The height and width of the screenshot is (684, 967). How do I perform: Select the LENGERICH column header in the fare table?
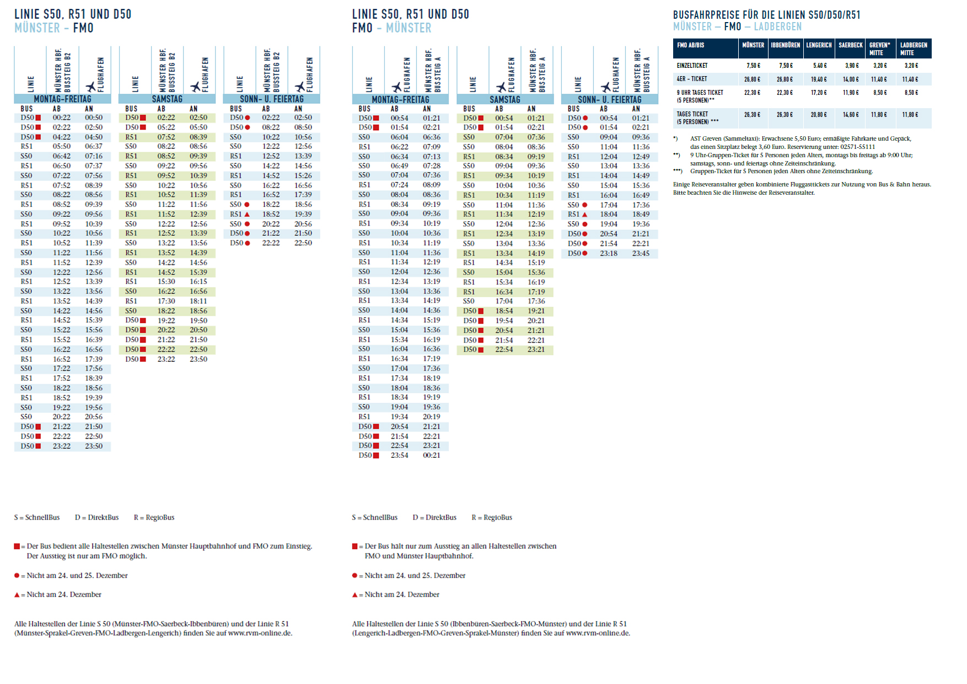click(x=819, y=45)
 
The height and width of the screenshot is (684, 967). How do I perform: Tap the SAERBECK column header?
click(x=850, y=45)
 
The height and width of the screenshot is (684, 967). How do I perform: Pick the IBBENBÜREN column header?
click(x=785, y=45)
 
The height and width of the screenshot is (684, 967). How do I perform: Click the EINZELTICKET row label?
click(x=692, y=66)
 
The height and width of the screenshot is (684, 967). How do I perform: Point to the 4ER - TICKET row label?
click(x=692, y=79)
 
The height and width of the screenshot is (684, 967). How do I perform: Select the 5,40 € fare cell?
click(x=820, y=66)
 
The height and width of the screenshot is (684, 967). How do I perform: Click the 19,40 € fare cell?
click(x=819, y=79)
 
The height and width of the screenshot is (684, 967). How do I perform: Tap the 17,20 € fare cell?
click(x=819, y=93)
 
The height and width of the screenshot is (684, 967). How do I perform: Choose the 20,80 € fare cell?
click(x=819, y=115)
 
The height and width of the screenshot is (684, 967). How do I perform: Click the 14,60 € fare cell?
click(x=851, y=115)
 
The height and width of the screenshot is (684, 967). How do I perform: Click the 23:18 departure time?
click(x=609, y=254)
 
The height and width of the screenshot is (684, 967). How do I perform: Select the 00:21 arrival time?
click(x=432, y=456)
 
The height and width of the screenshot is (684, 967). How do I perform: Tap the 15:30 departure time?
click(x=166, y=282)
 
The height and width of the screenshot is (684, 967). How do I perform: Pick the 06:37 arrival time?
click(x=94, y=147)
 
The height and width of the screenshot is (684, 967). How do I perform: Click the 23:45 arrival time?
click(x=641, y=254)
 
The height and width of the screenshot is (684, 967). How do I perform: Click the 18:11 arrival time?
click(x=198, y=301)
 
